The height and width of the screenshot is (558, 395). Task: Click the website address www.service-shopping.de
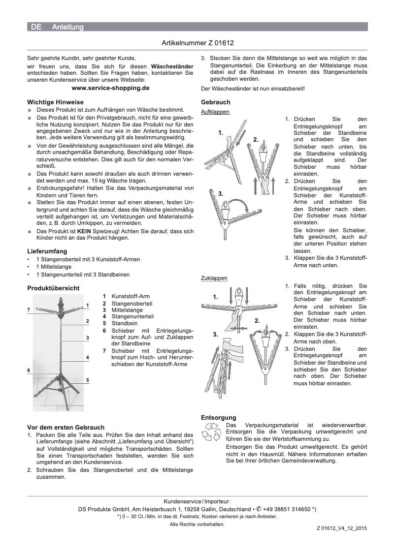pyautogui.click(x=110, y=88)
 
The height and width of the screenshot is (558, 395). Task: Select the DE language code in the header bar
pyautogui.click(x=36, y=28)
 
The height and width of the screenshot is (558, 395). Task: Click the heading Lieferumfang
pyautogui.click(x=47, y=251)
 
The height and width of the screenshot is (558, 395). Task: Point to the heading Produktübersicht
pyautogui.click(x=53, y=287)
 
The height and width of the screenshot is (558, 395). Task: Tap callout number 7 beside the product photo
pyautogui.click(x=29, y=309)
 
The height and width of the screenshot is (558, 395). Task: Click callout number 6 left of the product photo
pyautogui.click(x=29, y=370)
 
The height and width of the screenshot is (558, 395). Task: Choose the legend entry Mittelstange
pyautogui.click(x=126, y=310)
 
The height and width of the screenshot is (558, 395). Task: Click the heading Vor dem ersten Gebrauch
pyautogui.click(x=65, y=427)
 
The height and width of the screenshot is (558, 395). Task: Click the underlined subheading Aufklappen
pyautogui.click(x=215, y=112)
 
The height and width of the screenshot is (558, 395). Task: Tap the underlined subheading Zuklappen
pyautogui.click(x=214, y=278)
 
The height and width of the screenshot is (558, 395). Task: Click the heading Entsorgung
pyautogui.click(x=219, y=417)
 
